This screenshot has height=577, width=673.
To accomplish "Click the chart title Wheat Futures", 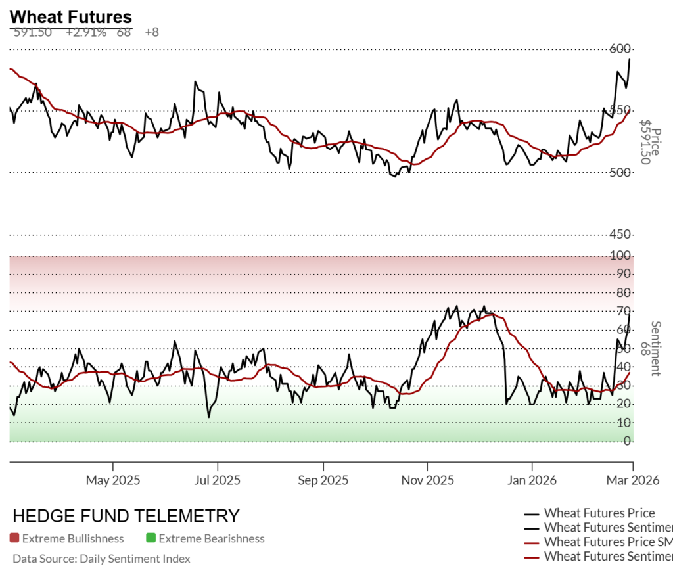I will tap(71, 17).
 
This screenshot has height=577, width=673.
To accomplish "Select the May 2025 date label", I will tap(113, 480).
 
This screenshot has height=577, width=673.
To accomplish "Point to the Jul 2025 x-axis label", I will tap(217, 480).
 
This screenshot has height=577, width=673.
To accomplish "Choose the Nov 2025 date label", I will tap(427, 480).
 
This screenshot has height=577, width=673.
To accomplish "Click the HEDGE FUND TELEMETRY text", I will tap(126, 516).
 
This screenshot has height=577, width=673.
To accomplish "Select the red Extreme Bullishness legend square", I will tap(14, 539).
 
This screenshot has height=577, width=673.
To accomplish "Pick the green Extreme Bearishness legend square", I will tap(151, 539).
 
